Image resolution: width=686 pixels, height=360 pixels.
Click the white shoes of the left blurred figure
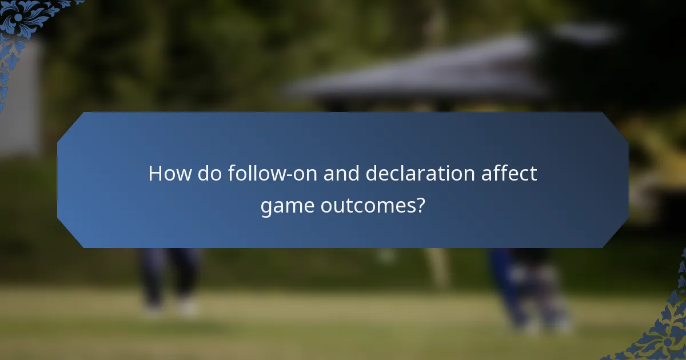[x=171, y=309]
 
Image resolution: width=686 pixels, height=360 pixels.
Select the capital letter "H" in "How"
[x=155, y=173]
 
